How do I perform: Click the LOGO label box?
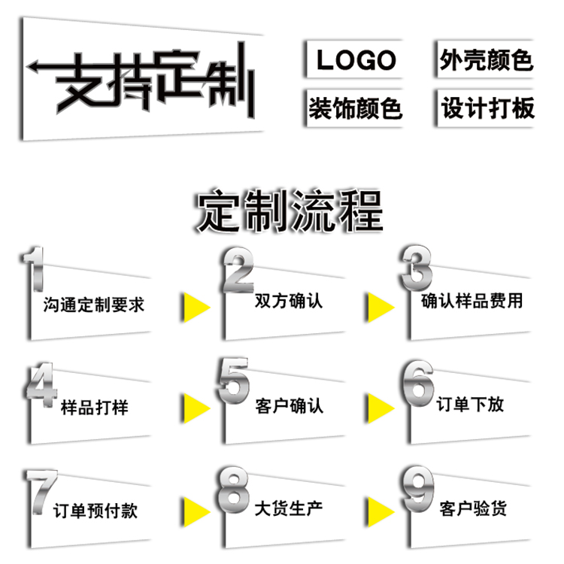(356, 60)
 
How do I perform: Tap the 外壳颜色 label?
(486, 60)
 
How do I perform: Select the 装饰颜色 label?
(356, 109)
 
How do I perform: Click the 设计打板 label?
(487, 109)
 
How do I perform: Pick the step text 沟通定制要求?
(93, 305)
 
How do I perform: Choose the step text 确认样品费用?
(472, 301)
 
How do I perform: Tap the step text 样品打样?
(94, 408)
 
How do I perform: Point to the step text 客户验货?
(472, 508)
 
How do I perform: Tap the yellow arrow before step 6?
(380, 408)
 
